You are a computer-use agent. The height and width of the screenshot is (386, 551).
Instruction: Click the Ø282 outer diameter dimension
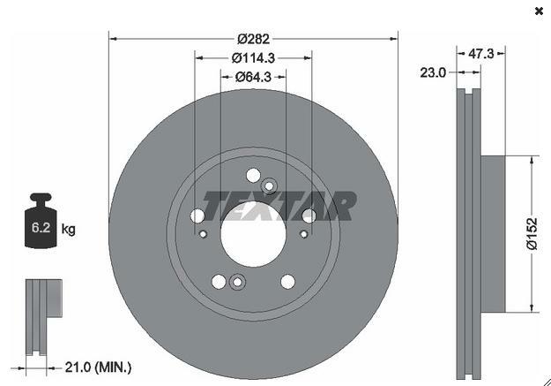pyautogui.click(x=253, y=39)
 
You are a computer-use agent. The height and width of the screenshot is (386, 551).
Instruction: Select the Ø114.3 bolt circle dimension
pyautogui.click(x=253, y=57)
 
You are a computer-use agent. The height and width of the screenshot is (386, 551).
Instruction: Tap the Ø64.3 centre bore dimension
pyautogui.click(x=253, y=77)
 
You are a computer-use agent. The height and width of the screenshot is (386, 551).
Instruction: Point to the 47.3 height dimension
pyautogui.click(x=481, y=54)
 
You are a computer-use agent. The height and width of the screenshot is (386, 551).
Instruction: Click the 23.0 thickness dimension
pyautogui.click(x=433, y=72)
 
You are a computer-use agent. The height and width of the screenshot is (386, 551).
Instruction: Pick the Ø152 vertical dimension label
pyautogui.click(x=532, y=234)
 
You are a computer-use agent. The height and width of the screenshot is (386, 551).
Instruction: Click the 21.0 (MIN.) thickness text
pyautogui.click(x=99, y=367)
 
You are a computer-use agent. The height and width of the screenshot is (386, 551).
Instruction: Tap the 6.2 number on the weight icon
pyautogui.click(x=41, y=228)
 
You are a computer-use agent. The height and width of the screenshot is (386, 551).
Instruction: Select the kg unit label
pyautogui.click(x=68, y=230)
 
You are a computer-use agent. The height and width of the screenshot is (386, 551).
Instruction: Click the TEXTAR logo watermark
pyautogui.click(x=279, y=206)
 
